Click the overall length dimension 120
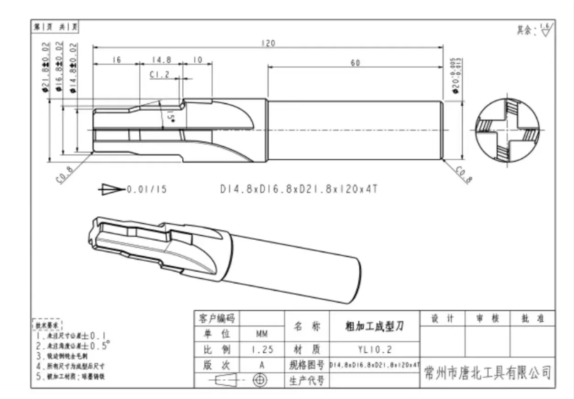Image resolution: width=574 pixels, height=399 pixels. tap(269, 43)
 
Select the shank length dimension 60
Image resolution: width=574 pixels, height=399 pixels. tap(355, 63)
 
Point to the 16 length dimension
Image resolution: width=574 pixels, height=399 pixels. tap(116, 59)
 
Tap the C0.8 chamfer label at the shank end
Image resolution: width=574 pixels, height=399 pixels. tap(463, 174)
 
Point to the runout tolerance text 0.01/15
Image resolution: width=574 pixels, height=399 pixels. tap(147, 189)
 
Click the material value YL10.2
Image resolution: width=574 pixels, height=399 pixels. tap(374, 350)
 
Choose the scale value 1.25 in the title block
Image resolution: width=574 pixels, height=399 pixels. tap(262, 350)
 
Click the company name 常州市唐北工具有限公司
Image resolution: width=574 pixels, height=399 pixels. tap(487, 373)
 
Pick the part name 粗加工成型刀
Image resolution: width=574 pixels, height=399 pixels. tap(374, 326)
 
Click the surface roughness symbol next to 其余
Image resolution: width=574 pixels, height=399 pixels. tap(546, 30)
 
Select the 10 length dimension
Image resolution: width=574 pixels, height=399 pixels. tap(197, 59)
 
